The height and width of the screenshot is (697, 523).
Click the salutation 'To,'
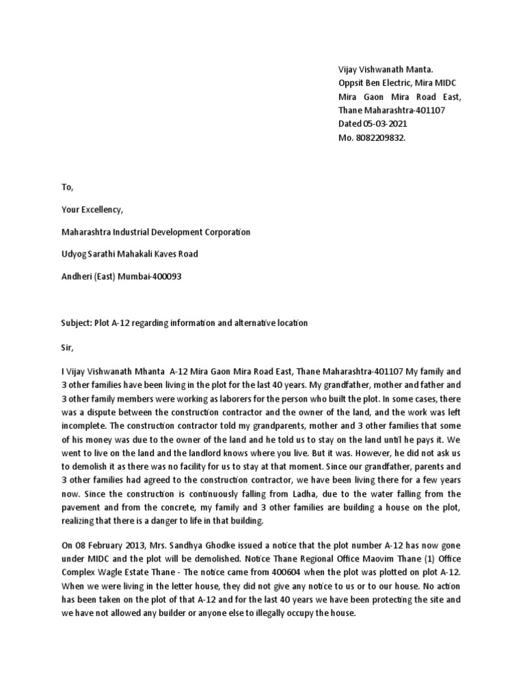click(x=66, y=187)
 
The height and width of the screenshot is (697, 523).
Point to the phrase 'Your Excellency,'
click(x=92, y=210)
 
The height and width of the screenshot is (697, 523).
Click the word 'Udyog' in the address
click(x=74, y=255)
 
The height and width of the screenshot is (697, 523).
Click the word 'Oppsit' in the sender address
click(x=351, y=83)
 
